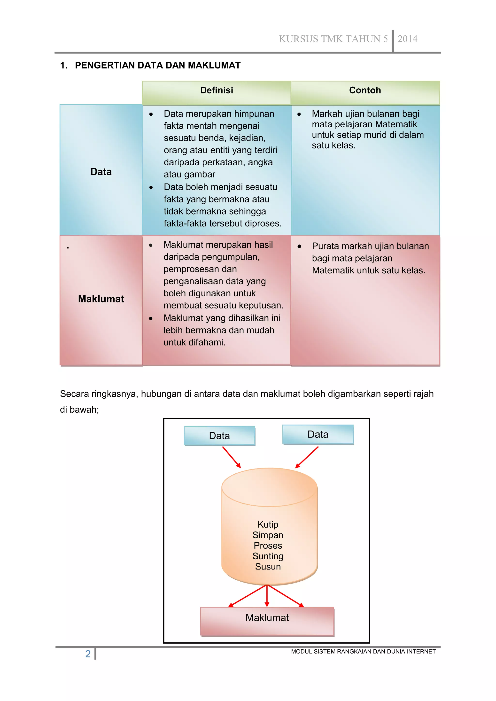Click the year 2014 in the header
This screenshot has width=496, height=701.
tap(407, 39)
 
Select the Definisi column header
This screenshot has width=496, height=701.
tap(217, 90)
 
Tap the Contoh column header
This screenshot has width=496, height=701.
tap(365, 90)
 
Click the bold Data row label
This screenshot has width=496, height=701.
tap(101, 172)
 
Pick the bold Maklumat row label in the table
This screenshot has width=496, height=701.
tap(101, 299)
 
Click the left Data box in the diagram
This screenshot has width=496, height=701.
tap(219, 436)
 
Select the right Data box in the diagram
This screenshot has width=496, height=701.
tap(318, 434)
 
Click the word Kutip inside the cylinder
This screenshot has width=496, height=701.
tap(268, 524)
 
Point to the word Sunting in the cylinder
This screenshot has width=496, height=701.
tap(268, 556)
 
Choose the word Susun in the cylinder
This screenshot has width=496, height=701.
tap(268, 567)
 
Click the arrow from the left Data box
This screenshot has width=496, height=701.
tap(232, 457)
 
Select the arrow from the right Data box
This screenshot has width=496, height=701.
tap(307, 457)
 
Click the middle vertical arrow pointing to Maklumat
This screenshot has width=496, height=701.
tap(267, 596)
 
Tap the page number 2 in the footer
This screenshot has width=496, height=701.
tap(88, 654)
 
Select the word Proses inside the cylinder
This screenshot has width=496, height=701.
tap(268, 546)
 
